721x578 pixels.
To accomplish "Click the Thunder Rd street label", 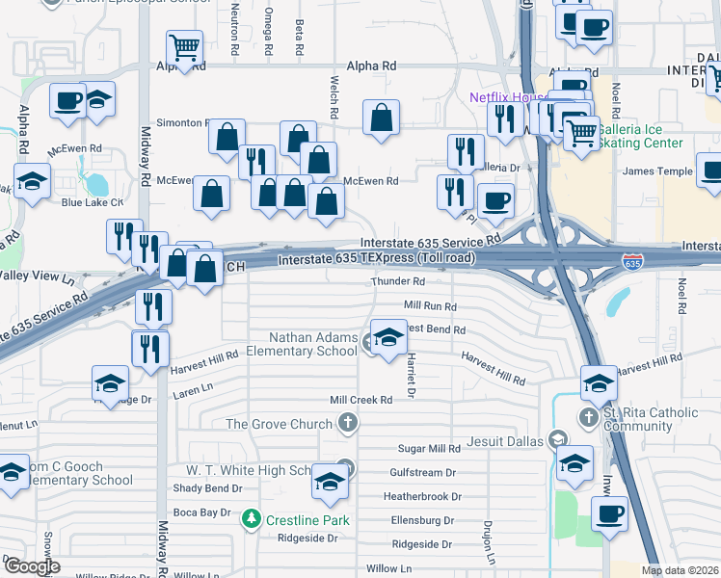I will [x=398, y=282].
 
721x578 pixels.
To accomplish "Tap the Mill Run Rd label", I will [x=430, y=305].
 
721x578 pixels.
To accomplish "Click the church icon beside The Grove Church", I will [x=347, y=423].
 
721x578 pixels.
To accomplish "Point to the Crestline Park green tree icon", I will [x=252, y=520].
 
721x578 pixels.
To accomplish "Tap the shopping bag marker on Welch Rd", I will [x=382, y=118].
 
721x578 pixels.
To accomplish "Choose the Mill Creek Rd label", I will [x=361, y=400].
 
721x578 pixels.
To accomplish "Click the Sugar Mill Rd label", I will [x=430, y=449].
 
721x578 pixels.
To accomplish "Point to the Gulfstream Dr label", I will [x=423, y=473].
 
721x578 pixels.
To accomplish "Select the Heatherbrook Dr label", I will [x=422, y=497].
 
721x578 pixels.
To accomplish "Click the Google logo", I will [x=31, y=566].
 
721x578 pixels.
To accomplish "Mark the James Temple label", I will [x=658, y=171].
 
